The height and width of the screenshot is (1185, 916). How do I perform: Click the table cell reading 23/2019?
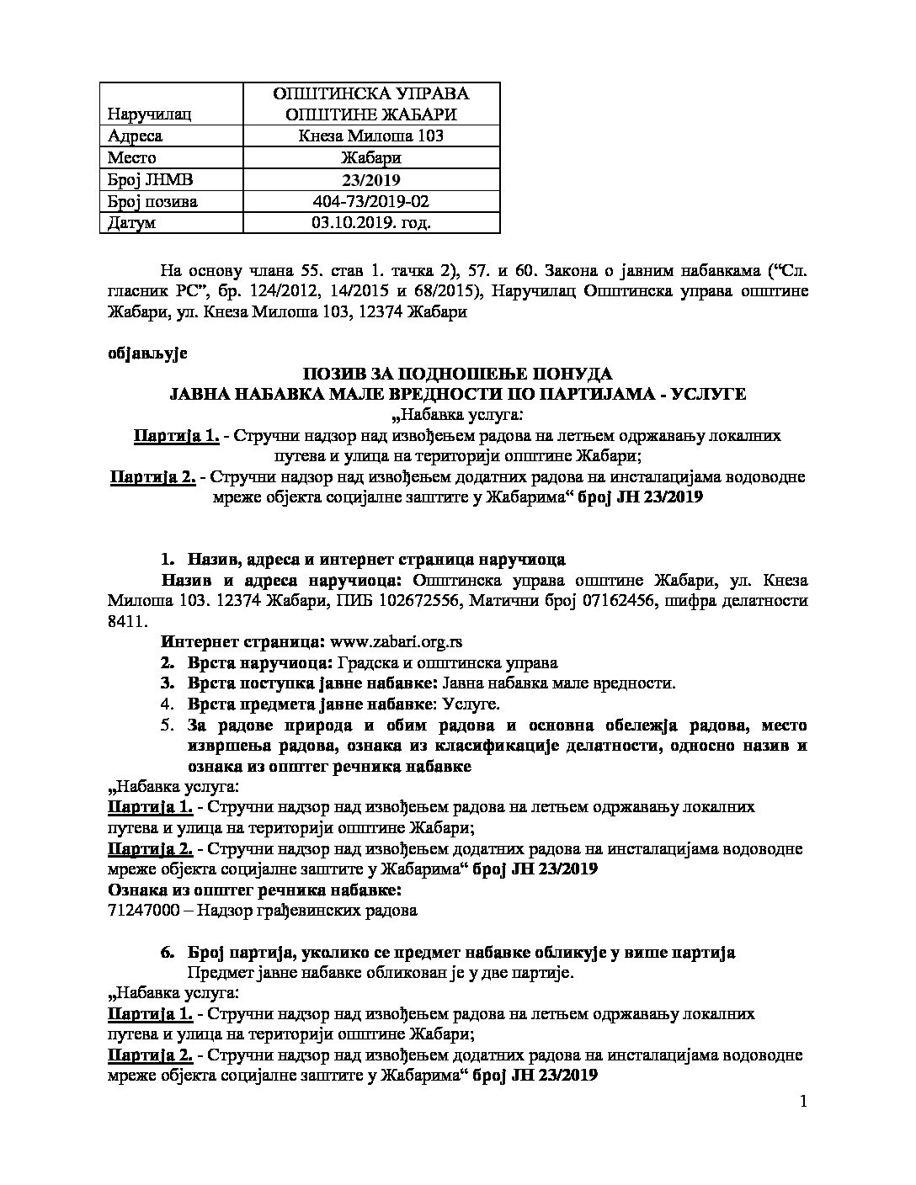tap(371, 179)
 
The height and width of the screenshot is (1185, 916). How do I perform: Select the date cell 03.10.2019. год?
tap(371, 222)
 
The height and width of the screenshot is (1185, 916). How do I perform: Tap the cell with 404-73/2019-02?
tap(371, 201)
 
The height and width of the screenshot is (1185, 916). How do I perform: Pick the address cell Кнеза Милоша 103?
tap(371, 136)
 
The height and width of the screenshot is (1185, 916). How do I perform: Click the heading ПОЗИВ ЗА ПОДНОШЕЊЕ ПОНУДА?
tap(458, 374)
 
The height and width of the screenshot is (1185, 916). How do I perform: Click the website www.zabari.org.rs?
tap(396, 642)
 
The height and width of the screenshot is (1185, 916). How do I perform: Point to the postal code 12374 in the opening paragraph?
tap(386, 312)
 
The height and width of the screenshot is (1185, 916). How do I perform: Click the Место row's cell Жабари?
tap(371, 157)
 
